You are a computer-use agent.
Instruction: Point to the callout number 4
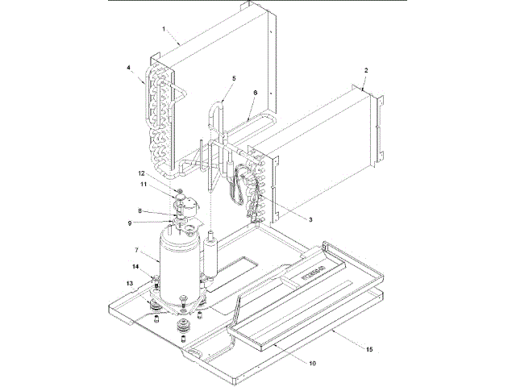(x=129, y=69)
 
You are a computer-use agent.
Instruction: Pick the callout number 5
(x=233, y=78)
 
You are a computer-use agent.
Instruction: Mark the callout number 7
(x=137, y=250)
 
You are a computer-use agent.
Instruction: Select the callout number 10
(x=312, y=363)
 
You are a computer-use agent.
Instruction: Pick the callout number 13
(x=128, y=283)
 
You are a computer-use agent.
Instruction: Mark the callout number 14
(x=135, y=267)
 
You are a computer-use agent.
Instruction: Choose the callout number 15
(x=369, y=350)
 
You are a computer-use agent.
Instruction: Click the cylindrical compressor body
(x=179, y=262)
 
